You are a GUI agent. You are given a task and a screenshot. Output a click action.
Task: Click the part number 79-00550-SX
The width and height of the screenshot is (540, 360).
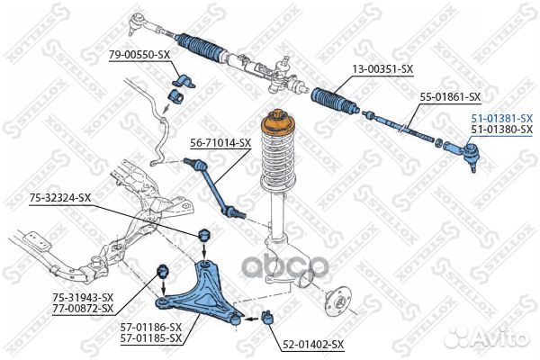click(x=139, y=55)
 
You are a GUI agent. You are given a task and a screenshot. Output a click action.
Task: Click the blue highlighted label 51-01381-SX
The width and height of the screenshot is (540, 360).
click(x=501, y=118)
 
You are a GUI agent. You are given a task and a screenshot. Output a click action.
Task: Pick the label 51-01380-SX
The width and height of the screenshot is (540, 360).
click(x=501, y=130)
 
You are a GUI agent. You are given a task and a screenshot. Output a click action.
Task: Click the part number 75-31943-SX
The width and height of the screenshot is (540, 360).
click(x=83, y=297)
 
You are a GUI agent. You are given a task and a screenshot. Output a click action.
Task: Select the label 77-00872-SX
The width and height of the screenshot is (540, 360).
click(x=83, y=309)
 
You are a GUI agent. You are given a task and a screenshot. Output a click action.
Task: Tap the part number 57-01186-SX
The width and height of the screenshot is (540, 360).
click(x=152, y=327)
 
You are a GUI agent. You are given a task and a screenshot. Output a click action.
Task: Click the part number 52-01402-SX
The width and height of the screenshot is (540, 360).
click(x=313, y=344)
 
